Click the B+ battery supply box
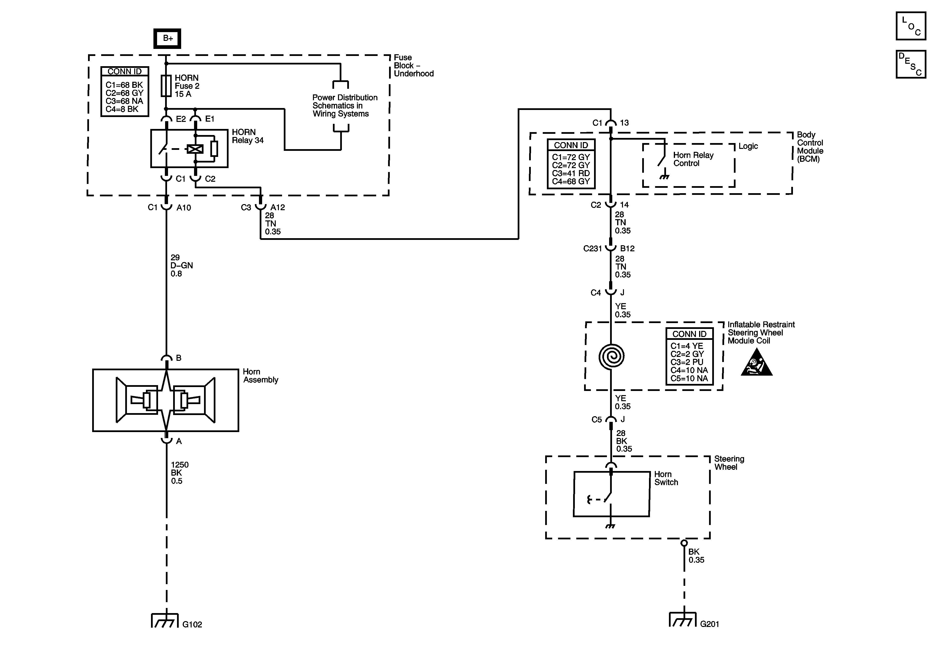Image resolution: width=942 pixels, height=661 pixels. tap(167, 39)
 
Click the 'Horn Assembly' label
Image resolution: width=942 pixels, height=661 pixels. tap(260, 376)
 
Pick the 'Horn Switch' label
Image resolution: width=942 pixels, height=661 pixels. tap(666, 478)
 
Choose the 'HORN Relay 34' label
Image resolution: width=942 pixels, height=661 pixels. tap(247, 136)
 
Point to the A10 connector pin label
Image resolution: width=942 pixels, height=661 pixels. tap(184, 208)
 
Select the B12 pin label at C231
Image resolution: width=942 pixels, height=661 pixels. tap(627, 248)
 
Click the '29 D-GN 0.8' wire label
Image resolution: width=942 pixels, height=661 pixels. tap(181, 266)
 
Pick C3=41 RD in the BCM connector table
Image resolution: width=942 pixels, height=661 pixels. tap(571, 173)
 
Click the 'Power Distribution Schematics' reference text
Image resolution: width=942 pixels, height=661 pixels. tap(345, 106)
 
